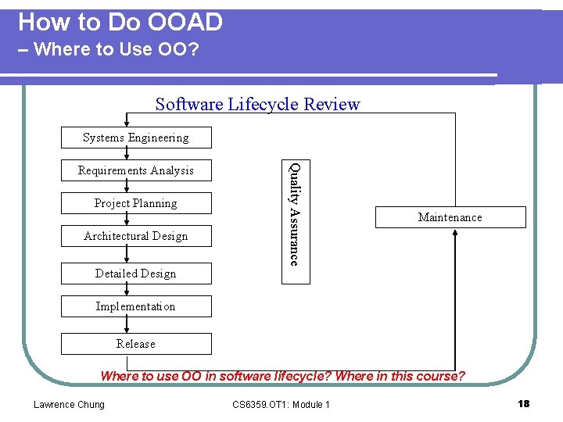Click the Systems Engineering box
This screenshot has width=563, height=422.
pos(136,138)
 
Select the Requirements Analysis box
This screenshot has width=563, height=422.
pos(136,170)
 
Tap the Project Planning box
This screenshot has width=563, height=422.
pos(136,203)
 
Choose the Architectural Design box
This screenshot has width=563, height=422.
pos(136,236)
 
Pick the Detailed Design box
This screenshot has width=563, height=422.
pos(136,274)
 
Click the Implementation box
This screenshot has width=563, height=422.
pos(136,306)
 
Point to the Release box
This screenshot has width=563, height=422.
pos(136,344)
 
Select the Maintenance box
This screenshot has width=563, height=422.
pos(450,217)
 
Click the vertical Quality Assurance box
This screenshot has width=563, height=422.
pos(295,213)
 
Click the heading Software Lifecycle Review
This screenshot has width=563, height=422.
pos(258,104)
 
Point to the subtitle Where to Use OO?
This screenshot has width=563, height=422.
pos(117,49)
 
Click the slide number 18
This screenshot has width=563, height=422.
pos(523,403)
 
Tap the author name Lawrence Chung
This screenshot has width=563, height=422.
pos(69,404)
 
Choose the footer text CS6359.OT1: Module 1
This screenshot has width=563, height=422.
pos(281,404)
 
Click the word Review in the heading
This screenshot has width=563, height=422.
pos(332,104)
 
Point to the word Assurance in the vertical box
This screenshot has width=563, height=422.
pos(295,235)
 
